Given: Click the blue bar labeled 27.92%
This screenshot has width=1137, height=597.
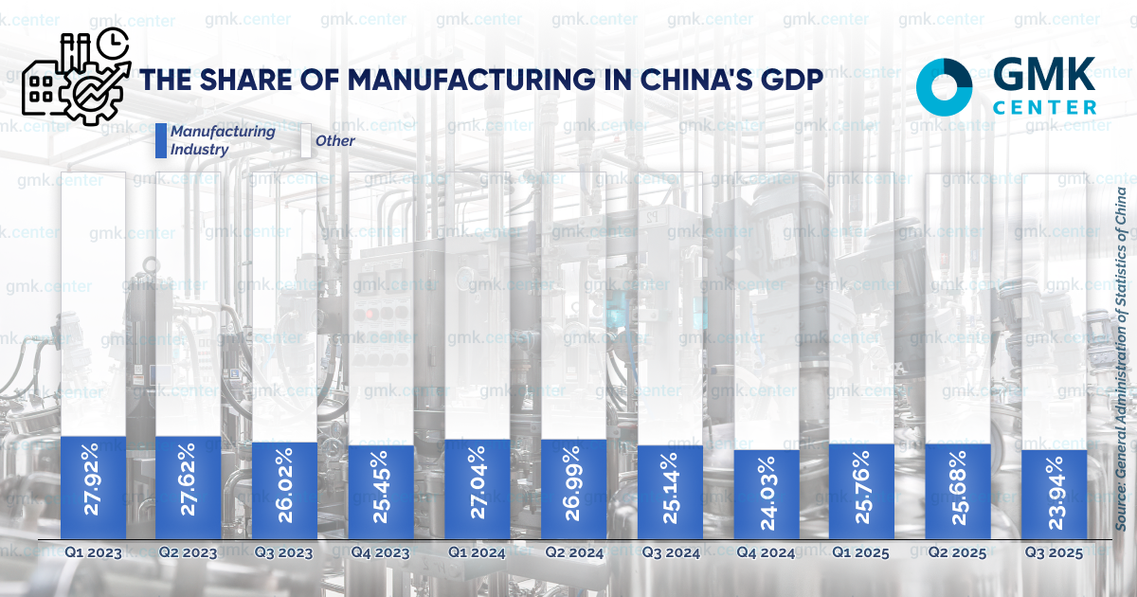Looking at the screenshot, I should click(x=93, y=487).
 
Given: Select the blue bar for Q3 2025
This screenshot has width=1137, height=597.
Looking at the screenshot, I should click(x=1055, y=494).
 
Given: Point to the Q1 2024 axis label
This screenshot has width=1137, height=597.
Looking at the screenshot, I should click(x=477, y=552).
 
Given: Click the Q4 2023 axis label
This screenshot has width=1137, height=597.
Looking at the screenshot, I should click(x=381, y=552).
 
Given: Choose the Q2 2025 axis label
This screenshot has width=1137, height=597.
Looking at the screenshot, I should click(x=958, y=552).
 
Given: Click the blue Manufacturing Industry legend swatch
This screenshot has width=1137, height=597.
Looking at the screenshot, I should click(x=161, y=140).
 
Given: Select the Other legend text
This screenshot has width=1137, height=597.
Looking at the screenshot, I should click(x=335, y=141).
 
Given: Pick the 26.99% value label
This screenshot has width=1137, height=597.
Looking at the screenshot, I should click(x=574, y=489).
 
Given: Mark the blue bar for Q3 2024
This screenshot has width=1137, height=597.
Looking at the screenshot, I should click(x=670, y=491).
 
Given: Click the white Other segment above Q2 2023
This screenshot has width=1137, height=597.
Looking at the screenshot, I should click(x=189, y=303).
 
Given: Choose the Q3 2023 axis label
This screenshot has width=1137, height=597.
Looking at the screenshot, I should click(x=284, y=552).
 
